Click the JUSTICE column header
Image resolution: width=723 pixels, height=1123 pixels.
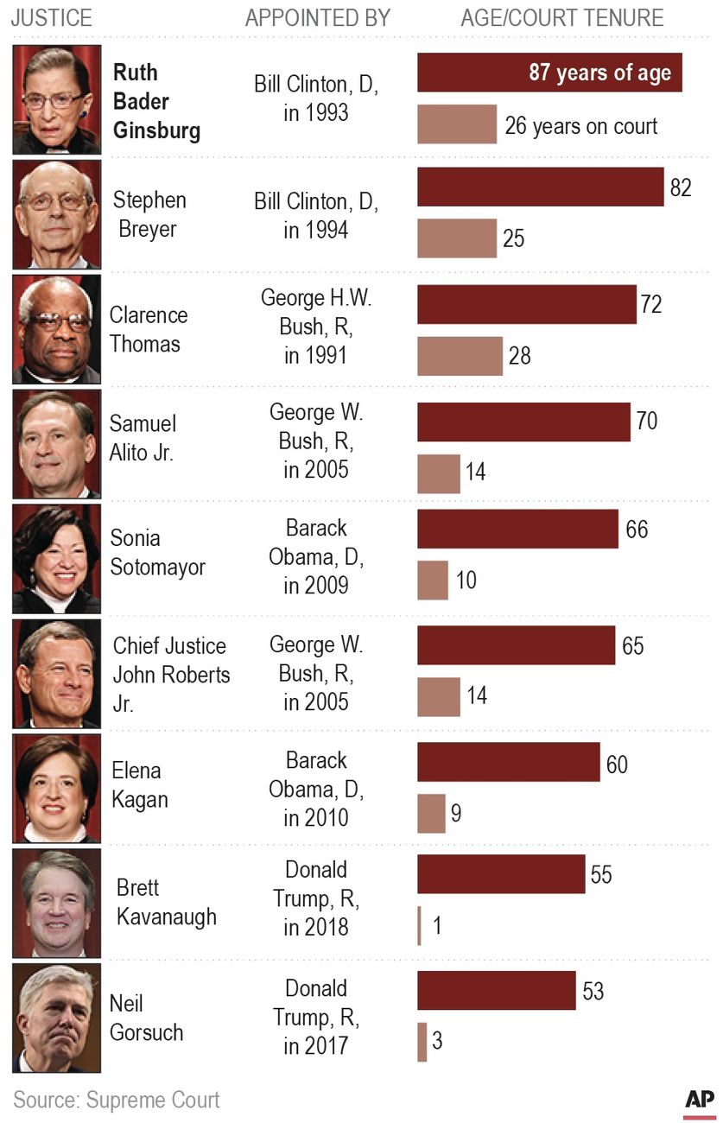pyautogui.click(x=51, y=18)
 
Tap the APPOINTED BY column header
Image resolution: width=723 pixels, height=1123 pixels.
pyautogui.click(x=318, y=18)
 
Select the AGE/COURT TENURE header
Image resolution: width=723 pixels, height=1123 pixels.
pyautogui.click(x=562, y=18)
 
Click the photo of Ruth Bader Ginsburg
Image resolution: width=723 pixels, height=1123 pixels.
pyautogui.click(x=57, y=100)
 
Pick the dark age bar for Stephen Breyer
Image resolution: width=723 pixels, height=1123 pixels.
pyautogui.click(x=540, y=187)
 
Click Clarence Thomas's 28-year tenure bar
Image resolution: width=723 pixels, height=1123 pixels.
pyautogui.click(x=460, y=356)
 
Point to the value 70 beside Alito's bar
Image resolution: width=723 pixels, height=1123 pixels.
pyautogui.click(x=646, y=421)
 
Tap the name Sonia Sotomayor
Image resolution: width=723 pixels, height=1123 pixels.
pyautogui.click(x=157, y=553)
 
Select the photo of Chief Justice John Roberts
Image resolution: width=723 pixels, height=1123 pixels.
pyautogui.click(x=57, y=674)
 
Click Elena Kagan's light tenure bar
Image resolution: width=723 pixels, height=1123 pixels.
pyautogui.click(x=431, y=814)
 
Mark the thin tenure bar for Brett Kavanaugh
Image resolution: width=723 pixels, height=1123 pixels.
pyautogui.click(x=420, y=926)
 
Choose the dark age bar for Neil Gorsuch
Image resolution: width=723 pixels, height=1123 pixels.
pyautogui.click(x=496, y=990)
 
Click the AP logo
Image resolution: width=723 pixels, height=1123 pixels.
pyautogui.click(x=700, y=1100)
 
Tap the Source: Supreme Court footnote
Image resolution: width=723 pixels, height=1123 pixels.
pyautogui.click(x=117, y=1100)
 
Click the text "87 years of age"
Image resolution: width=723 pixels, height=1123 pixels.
pyautogui.click(x=599, y=73)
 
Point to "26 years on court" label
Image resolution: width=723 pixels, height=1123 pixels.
pyautogui.click(x=580, y=126)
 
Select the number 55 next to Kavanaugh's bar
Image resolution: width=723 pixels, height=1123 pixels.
pyautogui.click(x=601, y=874)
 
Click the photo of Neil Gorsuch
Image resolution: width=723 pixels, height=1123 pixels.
pyautogui.click(x=57, y=1018)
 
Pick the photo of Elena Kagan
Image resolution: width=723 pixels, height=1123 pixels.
pyautogui.click(x=57, y=789)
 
